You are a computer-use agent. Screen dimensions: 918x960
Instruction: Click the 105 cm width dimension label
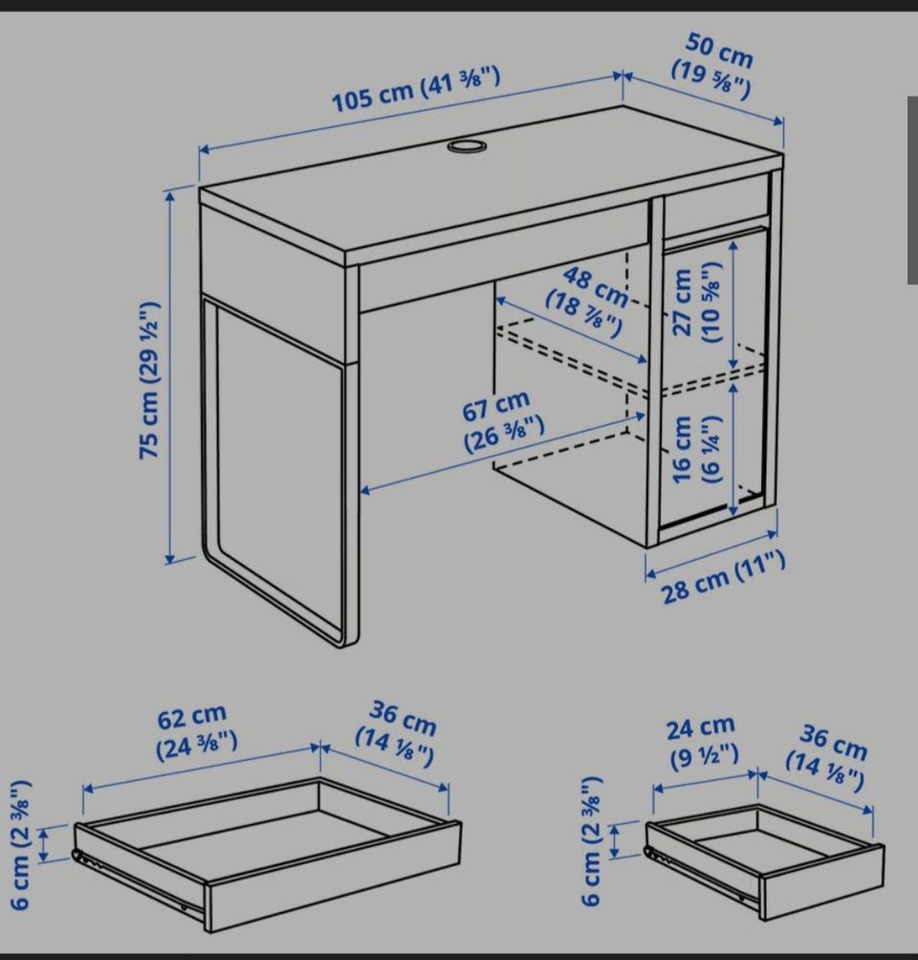416,90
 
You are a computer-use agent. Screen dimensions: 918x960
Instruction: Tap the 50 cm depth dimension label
713,66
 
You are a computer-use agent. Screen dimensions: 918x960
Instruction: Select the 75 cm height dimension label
150,380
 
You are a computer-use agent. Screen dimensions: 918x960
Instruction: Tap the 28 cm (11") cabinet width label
723,577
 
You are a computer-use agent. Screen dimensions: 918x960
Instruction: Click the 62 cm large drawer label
195,731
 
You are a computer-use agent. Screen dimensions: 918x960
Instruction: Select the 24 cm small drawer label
703,742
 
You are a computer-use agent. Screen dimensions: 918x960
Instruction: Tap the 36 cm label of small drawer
828,757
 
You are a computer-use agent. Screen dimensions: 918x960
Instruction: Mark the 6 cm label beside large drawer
20,844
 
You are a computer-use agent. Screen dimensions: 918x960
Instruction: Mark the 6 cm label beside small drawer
592,841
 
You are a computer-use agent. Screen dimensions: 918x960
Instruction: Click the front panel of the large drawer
334,876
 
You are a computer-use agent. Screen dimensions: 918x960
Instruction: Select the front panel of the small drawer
822,882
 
